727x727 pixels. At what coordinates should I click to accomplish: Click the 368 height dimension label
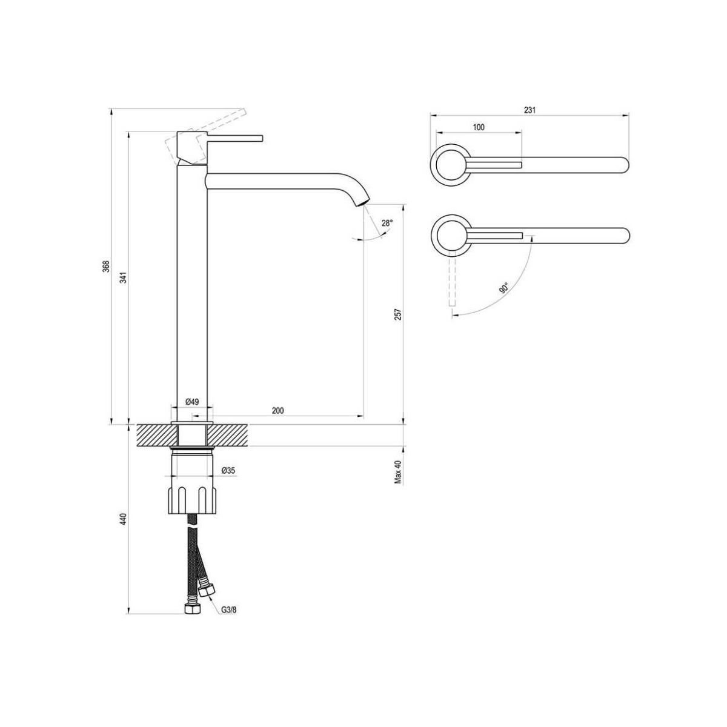(x=107, y=267)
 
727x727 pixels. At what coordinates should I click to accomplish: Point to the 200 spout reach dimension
(x=277, y=411)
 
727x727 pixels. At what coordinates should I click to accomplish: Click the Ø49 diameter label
(x=192, y=402)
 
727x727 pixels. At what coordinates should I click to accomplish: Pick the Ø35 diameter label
(x=228, y=470)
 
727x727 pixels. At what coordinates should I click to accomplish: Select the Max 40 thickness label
(x=399, y=471)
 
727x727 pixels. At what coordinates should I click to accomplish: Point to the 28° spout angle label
(x=387, y=223)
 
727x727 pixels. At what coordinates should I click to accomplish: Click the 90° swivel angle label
(x=505, y=288)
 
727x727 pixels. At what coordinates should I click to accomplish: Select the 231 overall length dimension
(x=530, y=110)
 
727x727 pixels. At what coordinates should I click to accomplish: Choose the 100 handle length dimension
(x=479, y=127)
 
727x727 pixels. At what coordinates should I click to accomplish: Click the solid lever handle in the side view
(x=234, y=138)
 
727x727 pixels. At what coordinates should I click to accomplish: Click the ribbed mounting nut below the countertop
(x=192, y=500)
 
